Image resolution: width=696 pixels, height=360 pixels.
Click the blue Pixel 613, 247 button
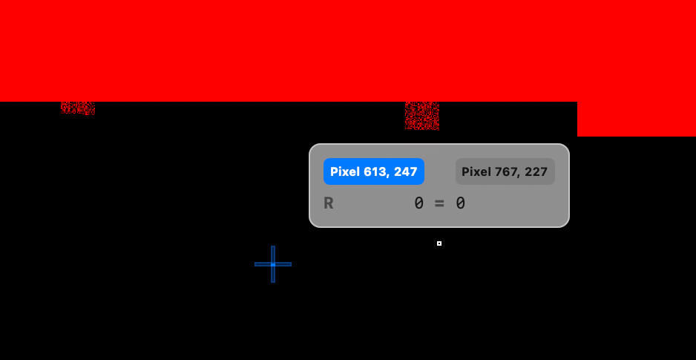point(374,171)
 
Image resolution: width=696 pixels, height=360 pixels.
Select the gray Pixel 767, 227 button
point(505,171)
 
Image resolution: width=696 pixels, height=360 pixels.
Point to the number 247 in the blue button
point(406,171)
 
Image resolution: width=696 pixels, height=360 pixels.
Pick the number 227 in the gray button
point(536,171)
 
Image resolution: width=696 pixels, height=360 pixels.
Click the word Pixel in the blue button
point(345,171)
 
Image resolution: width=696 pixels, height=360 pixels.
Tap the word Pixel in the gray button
point(476,171)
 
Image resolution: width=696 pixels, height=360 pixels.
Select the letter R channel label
point(329,203)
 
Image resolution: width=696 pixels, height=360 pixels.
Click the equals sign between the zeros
point(439,203)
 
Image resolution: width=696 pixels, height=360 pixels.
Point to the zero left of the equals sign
point(418,203)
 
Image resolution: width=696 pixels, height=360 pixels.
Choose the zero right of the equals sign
point(460,203)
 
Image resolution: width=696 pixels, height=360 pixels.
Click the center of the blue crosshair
point(273,264)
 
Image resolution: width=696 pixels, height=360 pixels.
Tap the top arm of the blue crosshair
point(273,254)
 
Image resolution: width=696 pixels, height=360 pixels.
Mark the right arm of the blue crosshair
point(283,264)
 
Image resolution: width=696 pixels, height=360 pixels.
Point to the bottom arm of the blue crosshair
point(273,275)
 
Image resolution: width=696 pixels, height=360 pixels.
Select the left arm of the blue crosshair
point(263,264)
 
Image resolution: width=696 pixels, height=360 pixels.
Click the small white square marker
point(439,243)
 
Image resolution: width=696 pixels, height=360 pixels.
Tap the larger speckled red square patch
point(422,116)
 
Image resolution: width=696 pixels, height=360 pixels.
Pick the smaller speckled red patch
point(78,108)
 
